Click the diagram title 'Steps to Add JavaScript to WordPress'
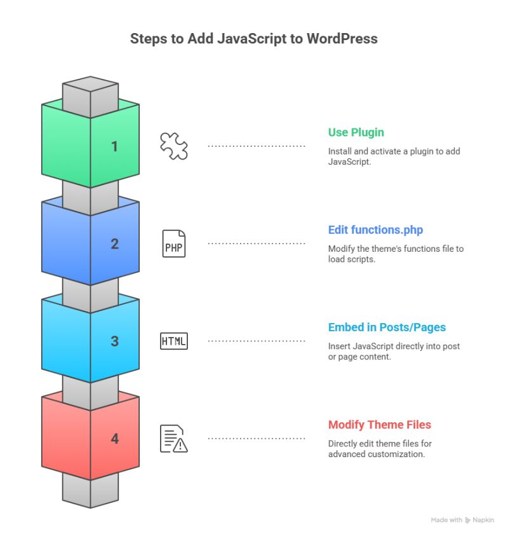(x=253, y=39)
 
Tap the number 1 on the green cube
(x=114, y=147)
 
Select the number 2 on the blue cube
(x=114, y=244)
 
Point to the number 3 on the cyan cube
(x=114, y=341)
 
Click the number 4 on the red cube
(x=114, y=438)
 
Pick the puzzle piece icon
(x=173, y=146)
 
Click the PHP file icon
(x=173, y=244)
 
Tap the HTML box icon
(x=173, y=341)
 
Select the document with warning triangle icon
(x=173, y=438)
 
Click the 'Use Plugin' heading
(x=356, y=132)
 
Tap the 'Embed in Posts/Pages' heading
(x=387, y=327)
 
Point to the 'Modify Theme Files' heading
(x=379, y=424)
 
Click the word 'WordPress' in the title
(x=342, y=39)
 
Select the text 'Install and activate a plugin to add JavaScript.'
(x=394, y=156)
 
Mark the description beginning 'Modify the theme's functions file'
(x=396, y=254)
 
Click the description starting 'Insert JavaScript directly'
(x=394, y=351)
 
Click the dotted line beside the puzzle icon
(x=257, y=146)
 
